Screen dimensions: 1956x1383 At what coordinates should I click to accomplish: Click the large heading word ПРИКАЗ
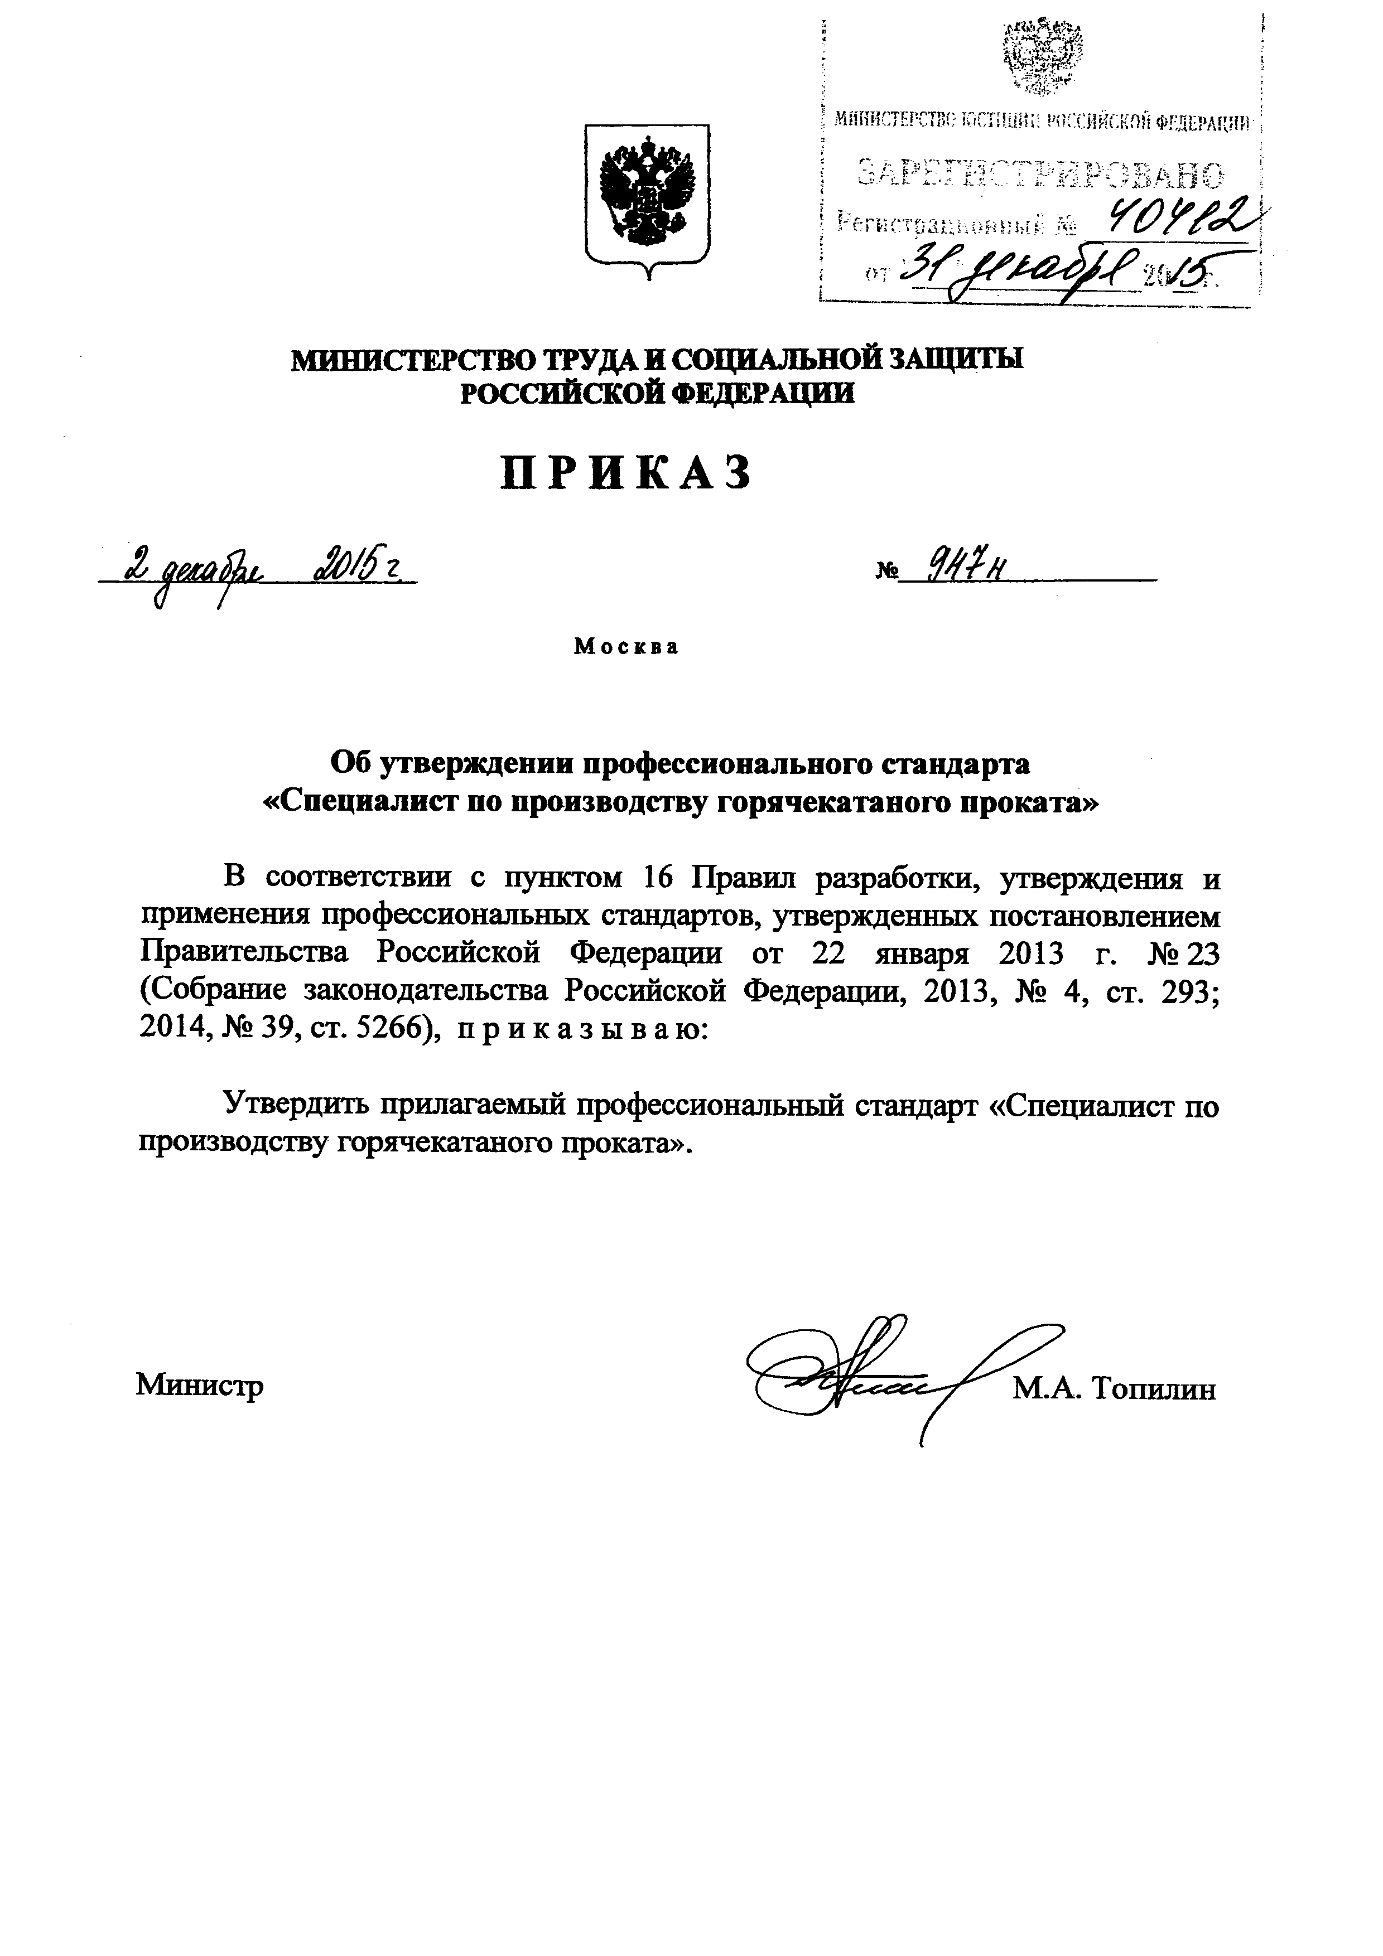[x=627, y=472]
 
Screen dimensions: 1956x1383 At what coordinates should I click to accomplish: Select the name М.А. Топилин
[x=1115, y=1389]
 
